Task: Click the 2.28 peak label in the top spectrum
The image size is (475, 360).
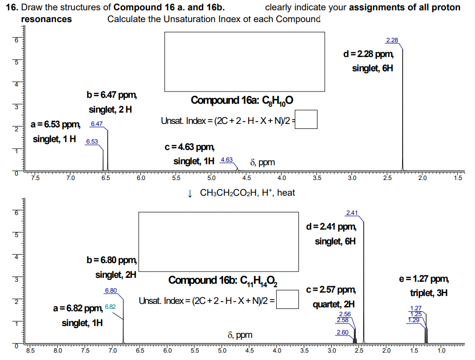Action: coord(392,40)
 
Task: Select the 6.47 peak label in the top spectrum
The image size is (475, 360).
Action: coord(96,124)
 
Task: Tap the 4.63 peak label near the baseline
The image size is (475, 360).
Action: coord(227,160)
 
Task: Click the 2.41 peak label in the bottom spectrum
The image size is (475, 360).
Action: coord(352,213)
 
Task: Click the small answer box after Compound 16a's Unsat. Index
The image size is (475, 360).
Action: coord(306,120)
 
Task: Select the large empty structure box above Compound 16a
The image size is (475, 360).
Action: coord(244,61)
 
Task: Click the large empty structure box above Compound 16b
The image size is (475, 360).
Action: coord(219,241)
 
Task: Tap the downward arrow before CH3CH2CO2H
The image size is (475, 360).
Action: coord(190,193)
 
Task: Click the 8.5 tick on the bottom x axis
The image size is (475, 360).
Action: coord(30,351)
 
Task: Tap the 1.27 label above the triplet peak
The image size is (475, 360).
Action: coord(415,308)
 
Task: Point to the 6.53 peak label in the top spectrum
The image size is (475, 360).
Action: coord(92,142)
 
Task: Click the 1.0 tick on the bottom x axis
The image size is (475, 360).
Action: coord(442,351)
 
